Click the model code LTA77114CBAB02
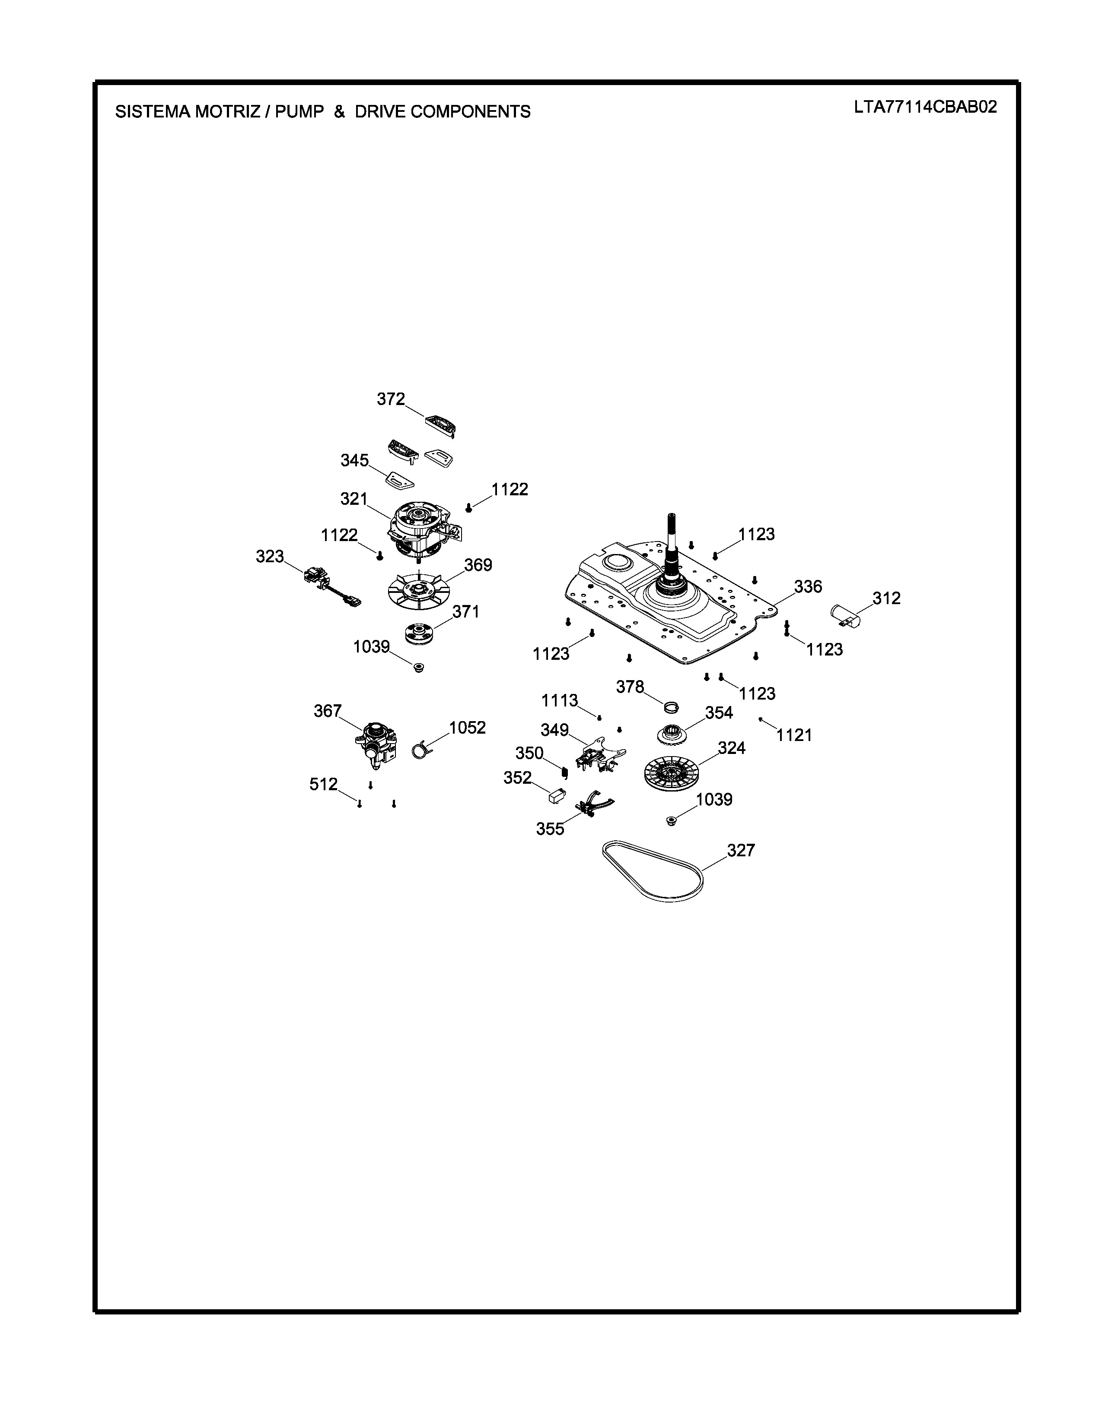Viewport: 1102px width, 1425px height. point(925,108)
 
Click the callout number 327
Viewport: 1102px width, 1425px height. point(741,850)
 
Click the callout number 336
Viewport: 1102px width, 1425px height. point(808,586)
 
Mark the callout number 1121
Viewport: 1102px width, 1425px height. point(794,735)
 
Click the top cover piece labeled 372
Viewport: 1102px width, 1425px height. point(441,424)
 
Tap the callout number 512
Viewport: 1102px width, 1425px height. point(323,784)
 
